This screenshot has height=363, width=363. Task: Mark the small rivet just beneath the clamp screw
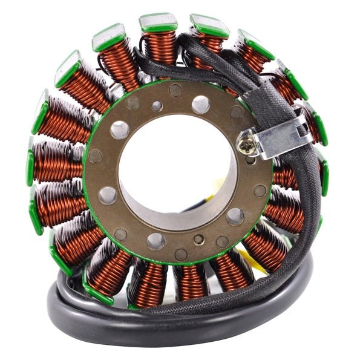[250, 161]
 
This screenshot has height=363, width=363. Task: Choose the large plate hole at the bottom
[156, 240]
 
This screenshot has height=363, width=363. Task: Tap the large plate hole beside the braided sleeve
[201, 104]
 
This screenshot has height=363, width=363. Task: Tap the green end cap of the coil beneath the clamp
[324, 175]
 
